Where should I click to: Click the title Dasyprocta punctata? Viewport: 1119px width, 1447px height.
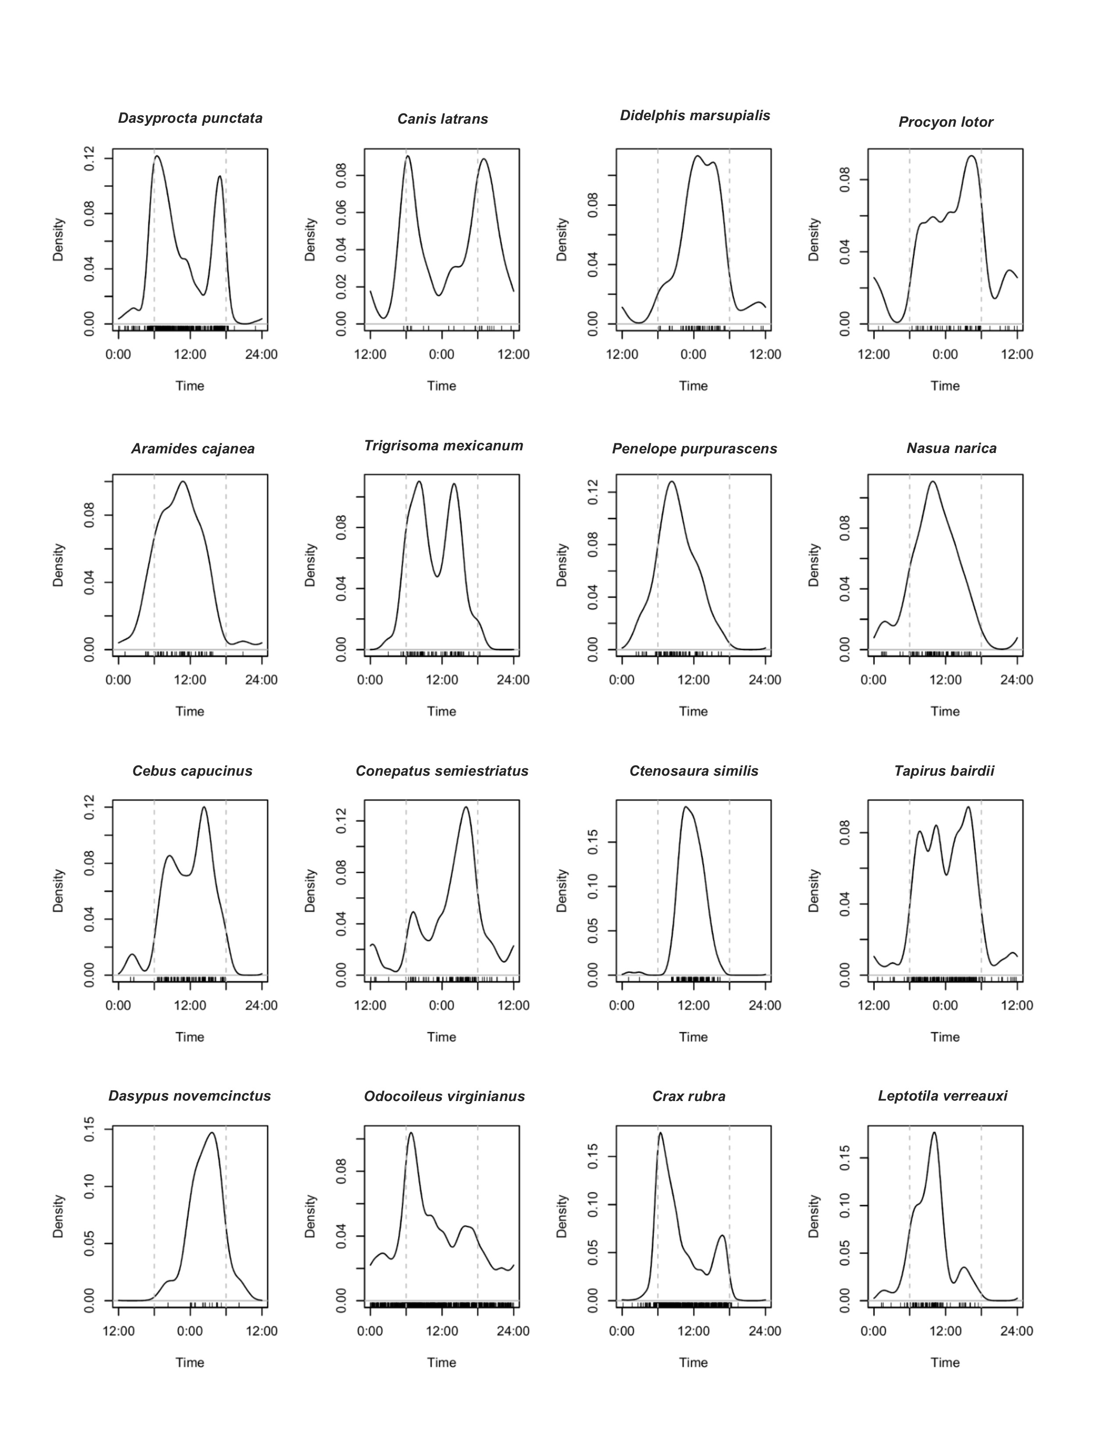point(190,118)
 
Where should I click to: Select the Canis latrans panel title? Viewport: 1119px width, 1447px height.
point(442,119)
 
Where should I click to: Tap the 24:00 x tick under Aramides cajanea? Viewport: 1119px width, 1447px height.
point(261,680)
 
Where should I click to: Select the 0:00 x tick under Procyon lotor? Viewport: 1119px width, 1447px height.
point(945,354)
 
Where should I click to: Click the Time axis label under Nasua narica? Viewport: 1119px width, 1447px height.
point(945,712)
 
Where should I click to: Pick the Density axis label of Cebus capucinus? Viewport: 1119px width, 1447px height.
point(59,891)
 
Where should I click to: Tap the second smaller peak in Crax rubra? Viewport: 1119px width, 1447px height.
point(722,1235)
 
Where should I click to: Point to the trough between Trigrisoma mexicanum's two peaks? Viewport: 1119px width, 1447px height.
point(437,577)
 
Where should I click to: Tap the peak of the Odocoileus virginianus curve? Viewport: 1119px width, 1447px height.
point(411,1132)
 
